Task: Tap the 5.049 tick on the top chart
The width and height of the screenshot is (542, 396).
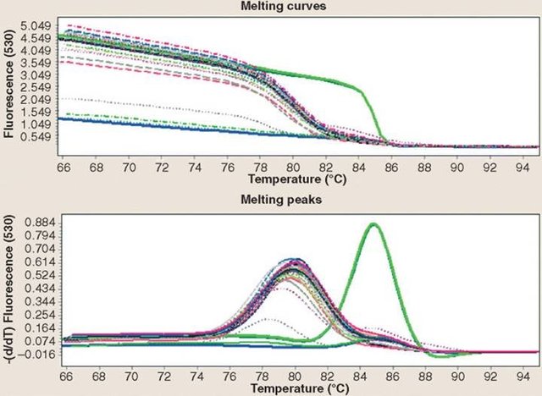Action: (36, 25)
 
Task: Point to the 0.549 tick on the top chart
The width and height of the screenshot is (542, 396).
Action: (36, 137)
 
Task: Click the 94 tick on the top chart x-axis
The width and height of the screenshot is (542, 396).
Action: (525, 158)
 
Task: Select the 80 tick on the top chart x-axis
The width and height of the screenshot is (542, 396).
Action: (292, 158)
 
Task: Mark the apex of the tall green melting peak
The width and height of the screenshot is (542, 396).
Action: (373, 224)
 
